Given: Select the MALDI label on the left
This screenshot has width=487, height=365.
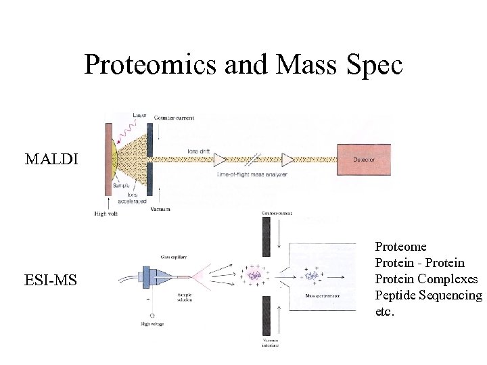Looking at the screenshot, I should (x=51, y=160).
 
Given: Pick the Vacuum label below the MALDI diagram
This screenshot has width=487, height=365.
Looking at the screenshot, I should (x=160, y=210).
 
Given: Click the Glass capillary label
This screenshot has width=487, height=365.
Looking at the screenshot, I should (x=173, y=256).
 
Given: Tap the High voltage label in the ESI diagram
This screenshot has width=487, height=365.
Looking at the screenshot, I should (x=152, y=324).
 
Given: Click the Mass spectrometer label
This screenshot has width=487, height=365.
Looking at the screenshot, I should (x=323, y=295).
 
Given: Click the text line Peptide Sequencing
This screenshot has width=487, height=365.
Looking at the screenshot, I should (x=428, y=295).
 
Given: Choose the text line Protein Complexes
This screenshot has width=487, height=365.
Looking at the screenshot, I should (x=426, y=279).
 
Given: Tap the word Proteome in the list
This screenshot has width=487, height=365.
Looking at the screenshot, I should (x=400, y=247).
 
